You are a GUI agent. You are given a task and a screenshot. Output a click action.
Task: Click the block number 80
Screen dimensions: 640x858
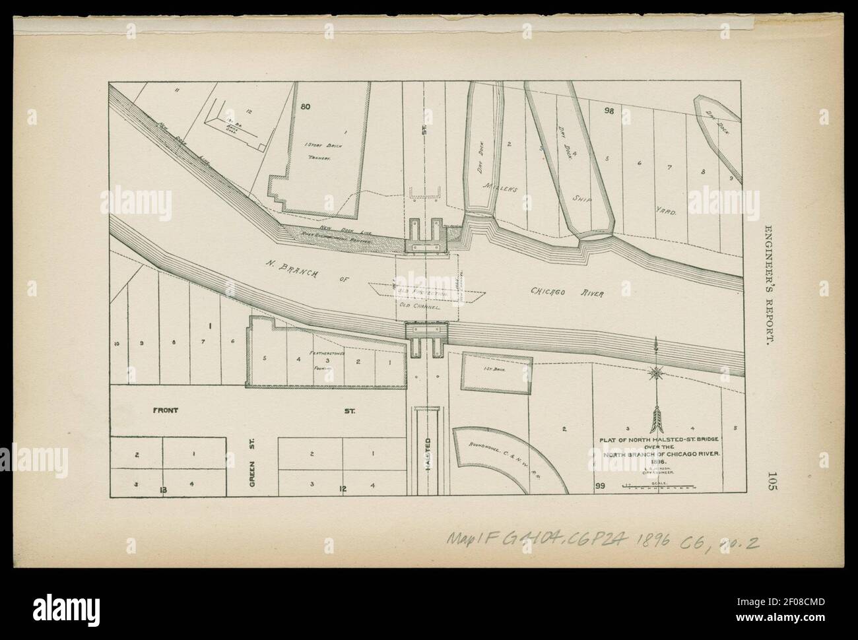click(x=305, y=106)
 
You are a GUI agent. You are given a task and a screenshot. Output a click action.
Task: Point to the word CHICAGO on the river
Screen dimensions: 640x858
click(x=548, y=291)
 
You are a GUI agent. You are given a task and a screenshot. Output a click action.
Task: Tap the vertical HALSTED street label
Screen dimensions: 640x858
click(x=427, y=454)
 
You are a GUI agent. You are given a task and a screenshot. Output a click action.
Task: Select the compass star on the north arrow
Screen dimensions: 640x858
click(x=655, y=373)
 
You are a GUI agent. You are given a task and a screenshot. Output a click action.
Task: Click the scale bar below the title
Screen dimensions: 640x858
click(x=658, y=488)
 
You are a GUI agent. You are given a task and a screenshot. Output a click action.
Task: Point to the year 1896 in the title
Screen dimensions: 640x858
click(x=657, y=463)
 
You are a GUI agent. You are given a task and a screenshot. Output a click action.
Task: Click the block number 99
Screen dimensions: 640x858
click(x=600, y=486)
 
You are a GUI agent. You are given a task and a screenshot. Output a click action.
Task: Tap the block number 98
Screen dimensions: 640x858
click(x=609, y=111)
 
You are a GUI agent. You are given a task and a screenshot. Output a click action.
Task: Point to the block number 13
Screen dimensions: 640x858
click(x=162, y=489)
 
